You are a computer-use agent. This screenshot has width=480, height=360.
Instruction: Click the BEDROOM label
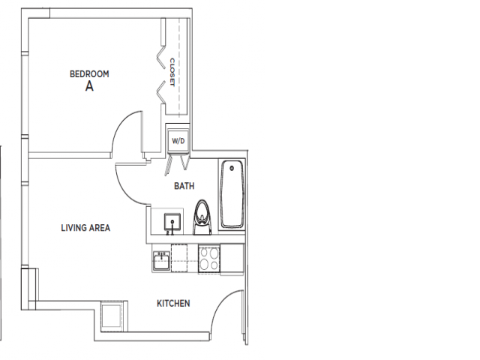tap(89, 73)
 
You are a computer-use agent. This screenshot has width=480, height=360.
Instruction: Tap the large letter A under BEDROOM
tap(89, 86)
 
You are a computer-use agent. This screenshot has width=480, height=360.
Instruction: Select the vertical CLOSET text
tap(172, 72)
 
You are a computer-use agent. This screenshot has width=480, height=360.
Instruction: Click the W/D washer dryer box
tap(178, 140)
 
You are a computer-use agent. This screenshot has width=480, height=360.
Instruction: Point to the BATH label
tap(184, 185)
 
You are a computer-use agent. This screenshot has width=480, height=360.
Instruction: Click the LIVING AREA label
tap(85, 227)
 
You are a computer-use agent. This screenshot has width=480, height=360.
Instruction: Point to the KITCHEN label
tap(172, 304)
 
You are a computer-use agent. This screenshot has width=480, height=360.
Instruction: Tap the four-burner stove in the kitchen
tap(209, 259)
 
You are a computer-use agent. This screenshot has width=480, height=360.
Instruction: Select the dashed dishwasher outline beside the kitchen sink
tap(182, 258)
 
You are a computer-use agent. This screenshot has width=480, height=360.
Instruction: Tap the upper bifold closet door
tap(159, 56)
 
